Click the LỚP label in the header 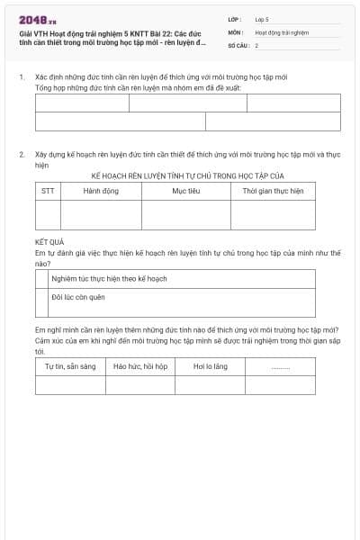pyautogui.click(x=235, y=19)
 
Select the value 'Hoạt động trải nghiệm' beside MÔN pyautogui.click(x=281, y=32)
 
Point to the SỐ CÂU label pyautogui.click(x=238, y=45)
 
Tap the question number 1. pyautogui.click(x=22, y=77)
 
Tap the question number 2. pyautogui.click(x=22, y=155)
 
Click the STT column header pyautogui.click(x=48, y=191)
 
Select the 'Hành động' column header pyautogui.click(x=101, y=191)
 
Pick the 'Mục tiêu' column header pyautogui.click(x=185, y=191)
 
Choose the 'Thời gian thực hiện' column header pyautogui.click(x=273, y=191)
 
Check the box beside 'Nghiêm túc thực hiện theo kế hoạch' pyautogui.click(x=41, y=279)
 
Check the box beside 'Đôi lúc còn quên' pyautogui.click(x=41, y=296)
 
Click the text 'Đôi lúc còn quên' pyautogui.click(x=78, y=296)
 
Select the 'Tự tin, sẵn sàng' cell pyautogui.click(x=70, y=367)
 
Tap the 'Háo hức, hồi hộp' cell pyautogui.click(x=140, y=367)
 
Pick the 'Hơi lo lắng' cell pyautogui.click(x=211, y=367)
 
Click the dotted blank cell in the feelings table pyautogui.click(x=281, y=367)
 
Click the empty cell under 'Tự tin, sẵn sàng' pyautogui.click(x=70, y=385)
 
